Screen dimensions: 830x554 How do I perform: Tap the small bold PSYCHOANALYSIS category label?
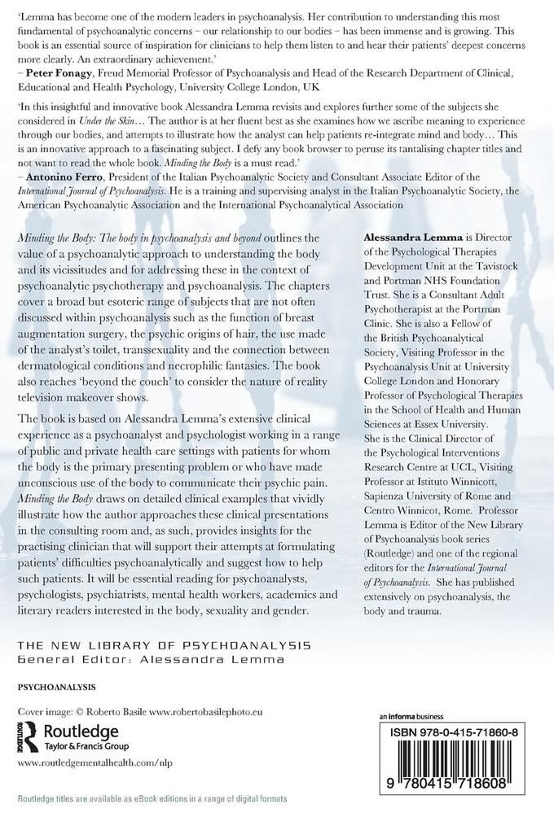coord(56,686)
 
